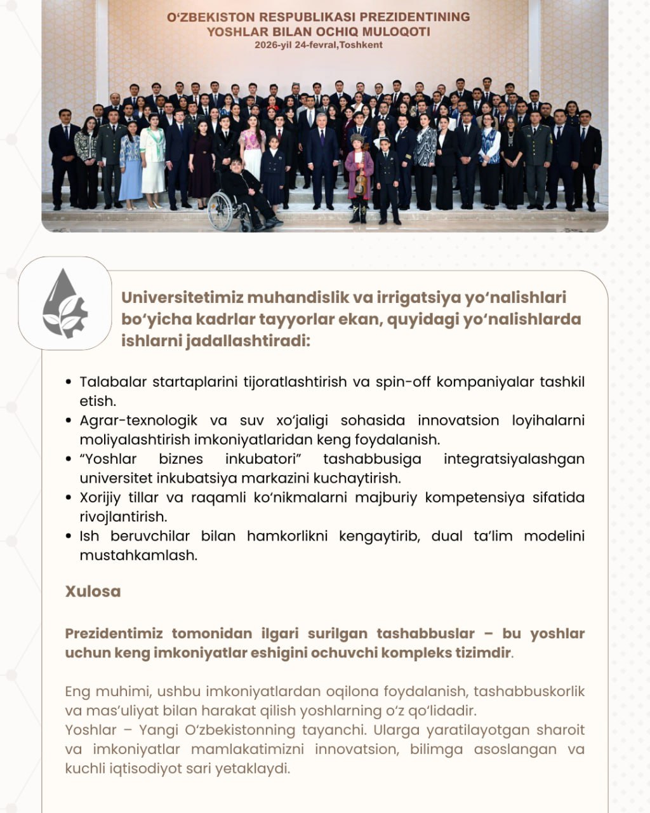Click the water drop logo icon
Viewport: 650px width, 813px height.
point(64,303)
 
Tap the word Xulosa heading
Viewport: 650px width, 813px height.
point(93,591)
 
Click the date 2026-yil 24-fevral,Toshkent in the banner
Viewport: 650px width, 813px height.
point(319,44)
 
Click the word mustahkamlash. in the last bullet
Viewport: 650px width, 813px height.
point(138,555)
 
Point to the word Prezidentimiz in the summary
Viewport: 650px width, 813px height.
point(114,633)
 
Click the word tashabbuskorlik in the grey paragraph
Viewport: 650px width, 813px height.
point(529,691)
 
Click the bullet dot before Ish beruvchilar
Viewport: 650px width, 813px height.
point(69,537)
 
